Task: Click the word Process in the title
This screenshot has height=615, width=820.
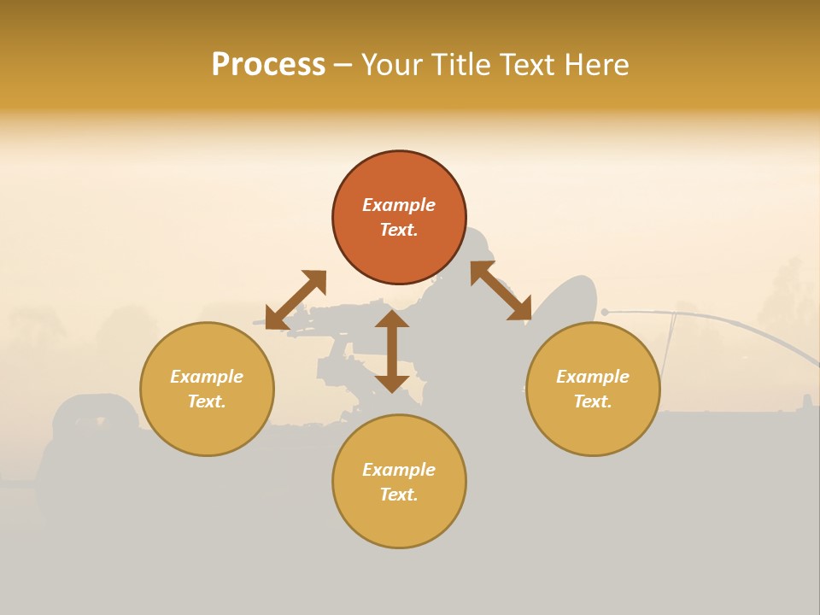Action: (x=268, y=65)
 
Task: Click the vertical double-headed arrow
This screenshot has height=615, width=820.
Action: (x=392, y=351)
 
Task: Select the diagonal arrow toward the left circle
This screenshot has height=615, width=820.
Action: (x=296, y=299)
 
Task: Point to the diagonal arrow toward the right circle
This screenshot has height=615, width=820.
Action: (x=501, y=290)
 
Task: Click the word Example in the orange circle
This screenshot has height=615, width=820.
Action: (x=399, y=205)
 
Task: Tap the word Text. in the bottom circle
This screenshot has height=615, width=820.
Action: (x=399, y=495)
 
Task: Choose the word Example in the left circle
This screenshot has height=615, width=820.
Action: (x=207, y=377)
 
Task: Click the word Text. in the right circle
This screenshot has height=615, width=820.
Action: (x=593, y=401)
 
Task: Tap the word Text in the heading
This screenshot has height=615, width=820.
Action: (x=530, y=65)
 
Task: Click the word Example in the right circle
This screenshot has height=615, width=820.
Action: (x=593, y=377)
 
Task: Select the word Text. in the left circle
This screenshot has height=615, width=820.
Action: (x=207, y=401)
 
